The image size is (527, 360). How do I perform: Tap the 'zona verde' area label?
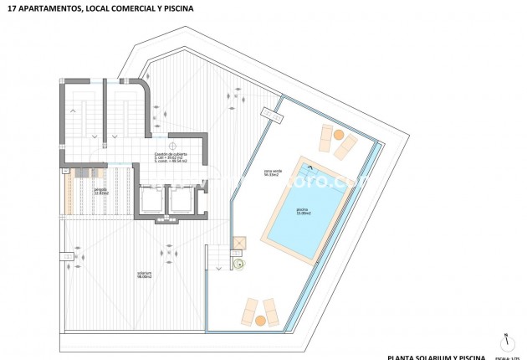coord(273,172)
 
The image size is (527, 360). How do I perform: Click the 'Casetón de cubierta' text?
coord(170,155)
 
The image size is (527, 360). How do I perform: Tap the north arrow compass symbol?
coord(506,342)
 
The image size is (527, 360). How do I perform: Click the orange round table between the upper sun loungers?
coord(338,134)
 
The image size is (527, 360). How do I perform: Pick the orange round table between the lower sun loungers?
coord(259,320)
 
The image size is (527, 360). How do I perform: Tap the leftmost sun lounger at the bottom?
coord(248,311)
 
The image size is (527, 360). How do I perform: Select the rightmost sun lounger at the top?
coord(345,147)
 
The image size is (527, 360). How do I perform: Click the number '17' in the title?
coord(10,9)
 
